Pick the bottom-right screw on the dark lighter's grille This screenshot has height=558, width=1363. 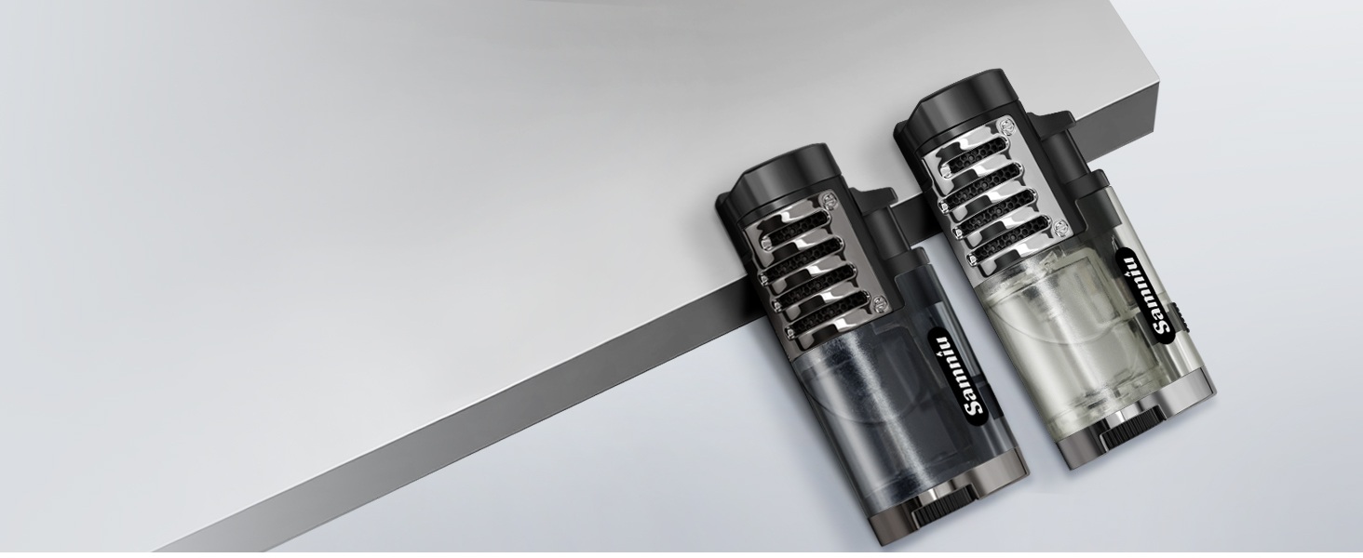tap(878, 302)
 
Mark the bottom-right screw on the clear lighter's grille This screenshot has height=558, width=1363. tap(1060, 228)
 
